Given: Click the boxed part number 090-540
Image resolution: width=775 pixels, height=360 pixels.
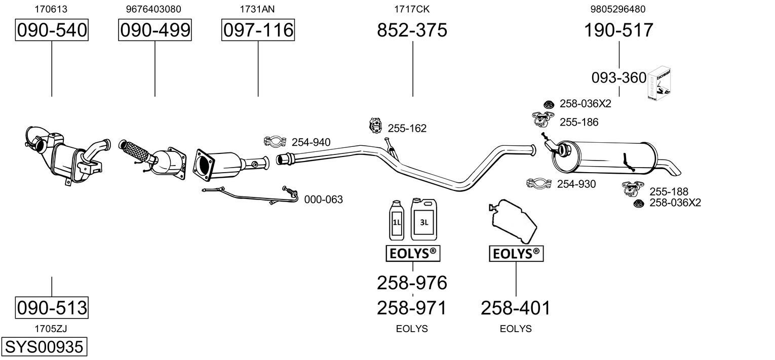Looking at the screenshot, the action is (x=52, y=30).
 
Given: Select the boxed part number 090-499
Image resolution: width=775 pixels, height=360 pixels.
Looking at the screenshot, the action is (x=155, y=30).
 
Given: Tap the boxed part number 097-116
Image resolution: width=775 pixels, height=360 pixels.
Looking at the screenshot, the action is (x=258, y=30).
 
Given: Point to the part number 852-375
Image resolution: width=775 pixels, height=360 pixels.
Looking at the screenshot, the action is (x=412, y=30).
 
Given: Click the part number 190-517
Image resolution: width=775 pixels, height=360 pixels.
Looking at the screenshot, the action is (x=618, y=30).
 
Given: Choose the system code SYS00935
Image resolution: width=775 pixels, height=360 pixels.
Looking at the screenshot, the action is (x=44, y=346).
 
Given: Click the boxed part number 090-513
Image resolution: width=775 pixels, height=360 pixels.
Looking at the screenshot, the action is (x=52, y=307).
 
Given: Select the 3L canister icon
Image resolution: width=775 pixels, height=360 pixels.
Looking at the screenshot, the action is (x=424, y=219).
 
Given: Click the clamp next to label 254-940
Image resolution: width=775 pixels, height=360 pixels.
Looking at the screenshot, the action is (x=275, y=141).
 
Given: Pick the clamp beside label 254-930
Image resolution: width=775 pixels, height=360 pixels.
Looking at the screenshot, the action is (x=538, y=183).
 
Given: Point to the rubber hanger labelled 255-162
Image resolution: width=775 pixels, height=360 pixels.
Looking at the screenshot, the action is (x=375, y=126).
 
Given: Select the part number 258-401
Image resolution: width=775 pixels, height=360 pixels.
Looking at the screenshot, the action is (x=516, y=308).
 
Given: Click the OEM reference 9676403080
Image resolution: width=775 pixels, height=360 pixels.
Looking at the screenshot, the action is (x=153, y=9).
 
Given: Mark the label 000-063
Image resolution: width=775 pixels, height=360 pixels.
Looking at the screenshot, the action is (x=324, y=199).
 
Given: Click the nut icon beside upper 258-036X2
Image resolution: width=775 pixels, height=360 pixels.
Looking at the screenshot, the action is (x=548, y=104).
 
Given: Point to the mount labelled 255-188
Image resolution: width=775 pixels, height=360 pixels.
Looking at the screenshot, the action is (x=633, y=189).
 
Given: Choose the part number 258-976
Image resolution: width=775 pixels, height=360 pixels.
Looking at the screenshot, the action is (x=412, y=283).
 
